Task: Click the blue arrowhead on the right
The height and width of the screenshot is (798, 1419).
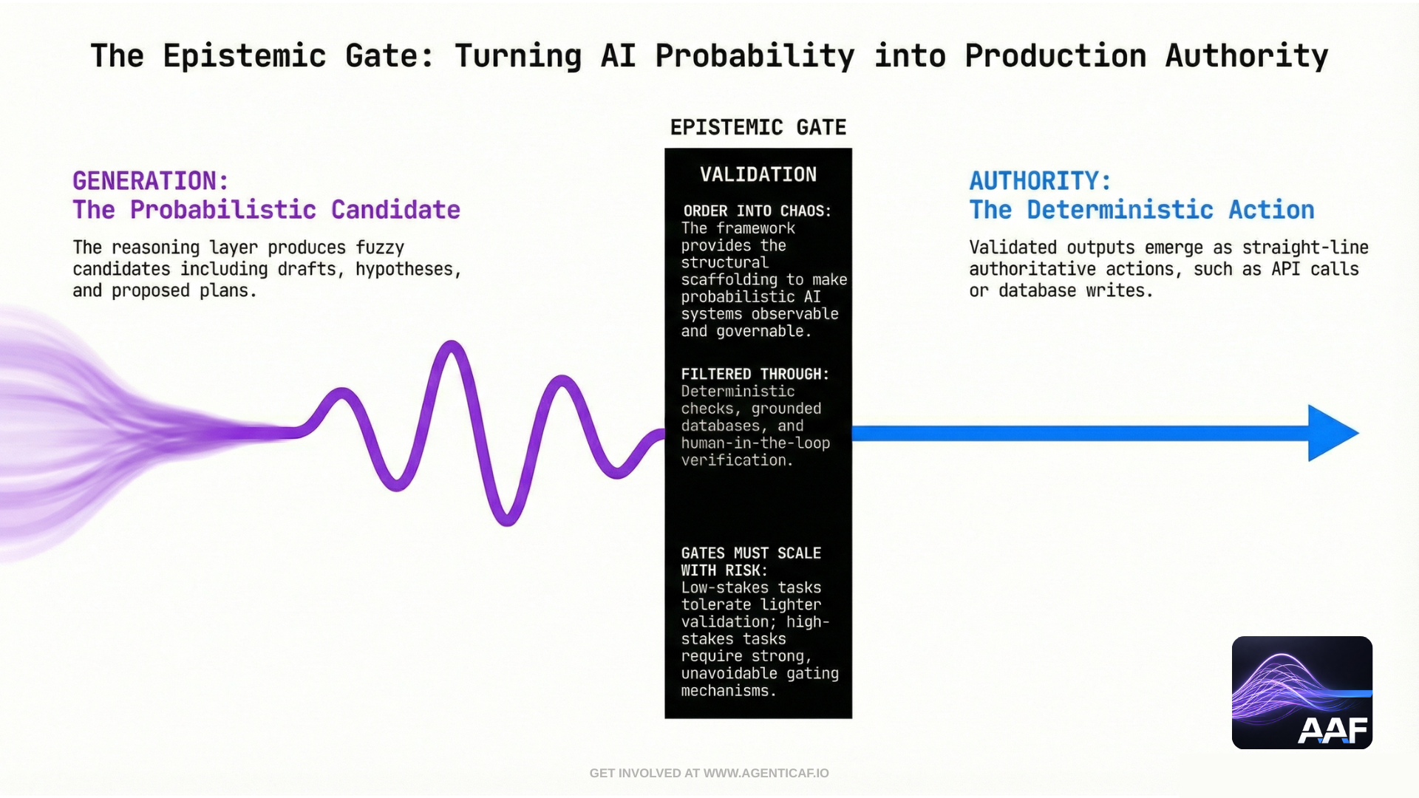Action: pos(1330,433)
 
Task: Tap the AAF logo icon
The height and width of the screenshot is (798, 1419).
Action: pos(1301,692)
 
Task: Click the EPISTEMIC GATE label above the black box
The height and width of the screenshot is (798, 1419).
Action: pos(758,127)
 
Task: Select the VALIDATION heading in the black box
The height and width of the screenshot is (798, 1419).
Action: pos(758,174)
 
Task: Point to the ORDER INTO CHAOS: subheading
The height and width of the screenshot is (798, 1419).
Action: pos(757,211)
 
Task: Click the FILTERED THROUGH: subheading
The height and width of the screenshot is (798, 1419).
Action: pos(755,375)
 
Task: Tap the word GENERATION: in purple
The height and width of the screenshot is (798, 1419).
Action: pos(151,181)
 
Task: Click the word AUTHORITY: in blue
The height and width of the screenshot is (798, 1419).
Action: pos(1040,181)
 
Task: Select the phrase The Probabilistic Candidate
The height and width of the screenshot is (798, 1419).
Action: pos(266,210)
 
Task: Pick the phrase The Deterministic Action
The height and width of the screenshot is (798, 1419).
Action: pos(1142,210)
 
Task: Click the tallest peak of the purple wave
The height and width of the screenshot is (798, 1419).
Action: pos(451,344)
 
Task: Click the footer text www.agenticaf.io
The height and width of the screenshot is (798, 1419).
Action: pos(766,773)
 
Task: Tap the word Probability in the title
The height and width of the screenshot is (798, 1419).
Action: pos(755,56)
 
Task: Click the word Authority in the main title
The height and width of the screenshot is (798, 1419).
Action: pos(1246,56)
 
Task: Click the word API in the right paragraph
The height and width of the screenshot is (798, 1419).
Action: pos(1285,269)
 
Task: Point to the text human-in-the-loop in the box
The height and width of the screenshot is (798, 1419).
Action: pos(755,443)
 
